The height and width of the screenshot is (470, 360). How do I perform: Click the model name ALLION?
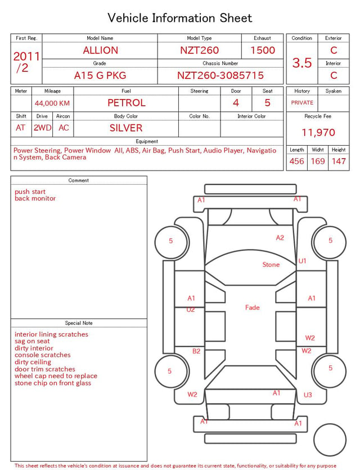pyautogui.click(x=100, y=50)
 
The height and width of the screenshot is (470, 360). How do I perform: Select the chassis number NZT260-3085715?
pyautogui.click(x=220, y=75)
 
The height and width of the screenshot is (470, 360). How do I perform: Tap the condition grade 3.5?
pyautogui.click(x=302, y=63)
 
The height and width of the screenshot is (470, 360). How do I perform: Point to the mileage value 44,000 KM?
pyautogui.click(x=52, y=104)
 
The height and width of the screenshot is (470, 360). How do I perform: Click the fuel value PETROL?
pyautogui.click(x=127, y=103)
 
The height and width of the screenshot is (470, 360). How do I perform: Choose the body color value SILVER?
pyautogui.click(x=126, y=128)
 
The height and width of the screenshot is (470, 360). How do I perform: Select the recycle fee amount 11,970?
pyautogui.click(x=318, y=132)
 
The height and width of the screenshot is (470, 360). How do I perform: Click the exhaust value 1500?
pyautogui.click(x=263, y=50)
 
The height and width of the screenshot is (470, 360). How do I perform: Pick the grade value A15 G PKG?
pyautogui.click(x=100, y=75)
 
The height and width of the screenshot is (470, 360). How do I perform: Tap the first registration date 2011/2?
pyautogui.click(x=26, y=62)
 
